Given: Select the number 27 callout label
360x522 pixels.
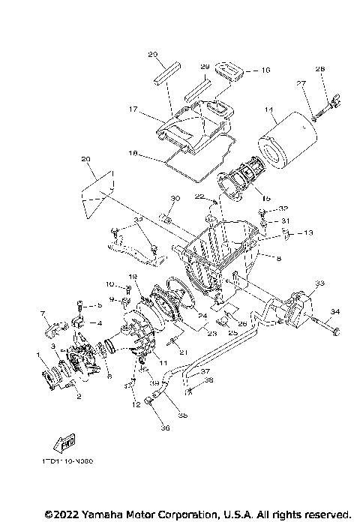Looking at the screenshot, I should coord(301,85).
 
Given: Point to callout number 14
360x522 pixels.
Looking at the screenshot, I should coord(268,109).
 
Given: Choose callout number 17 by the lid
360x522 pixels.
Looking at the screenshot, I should coord(133,109).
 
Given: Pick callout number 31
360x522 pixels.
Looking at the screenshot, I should coord(285,220).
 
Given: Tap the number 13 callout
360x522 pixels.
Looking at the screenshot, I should coord(308,233).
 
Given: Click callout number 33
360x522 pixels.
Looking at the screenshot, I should coord(319,283).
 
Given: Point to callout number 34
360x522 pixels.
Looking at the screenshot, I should coord(334,310).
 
